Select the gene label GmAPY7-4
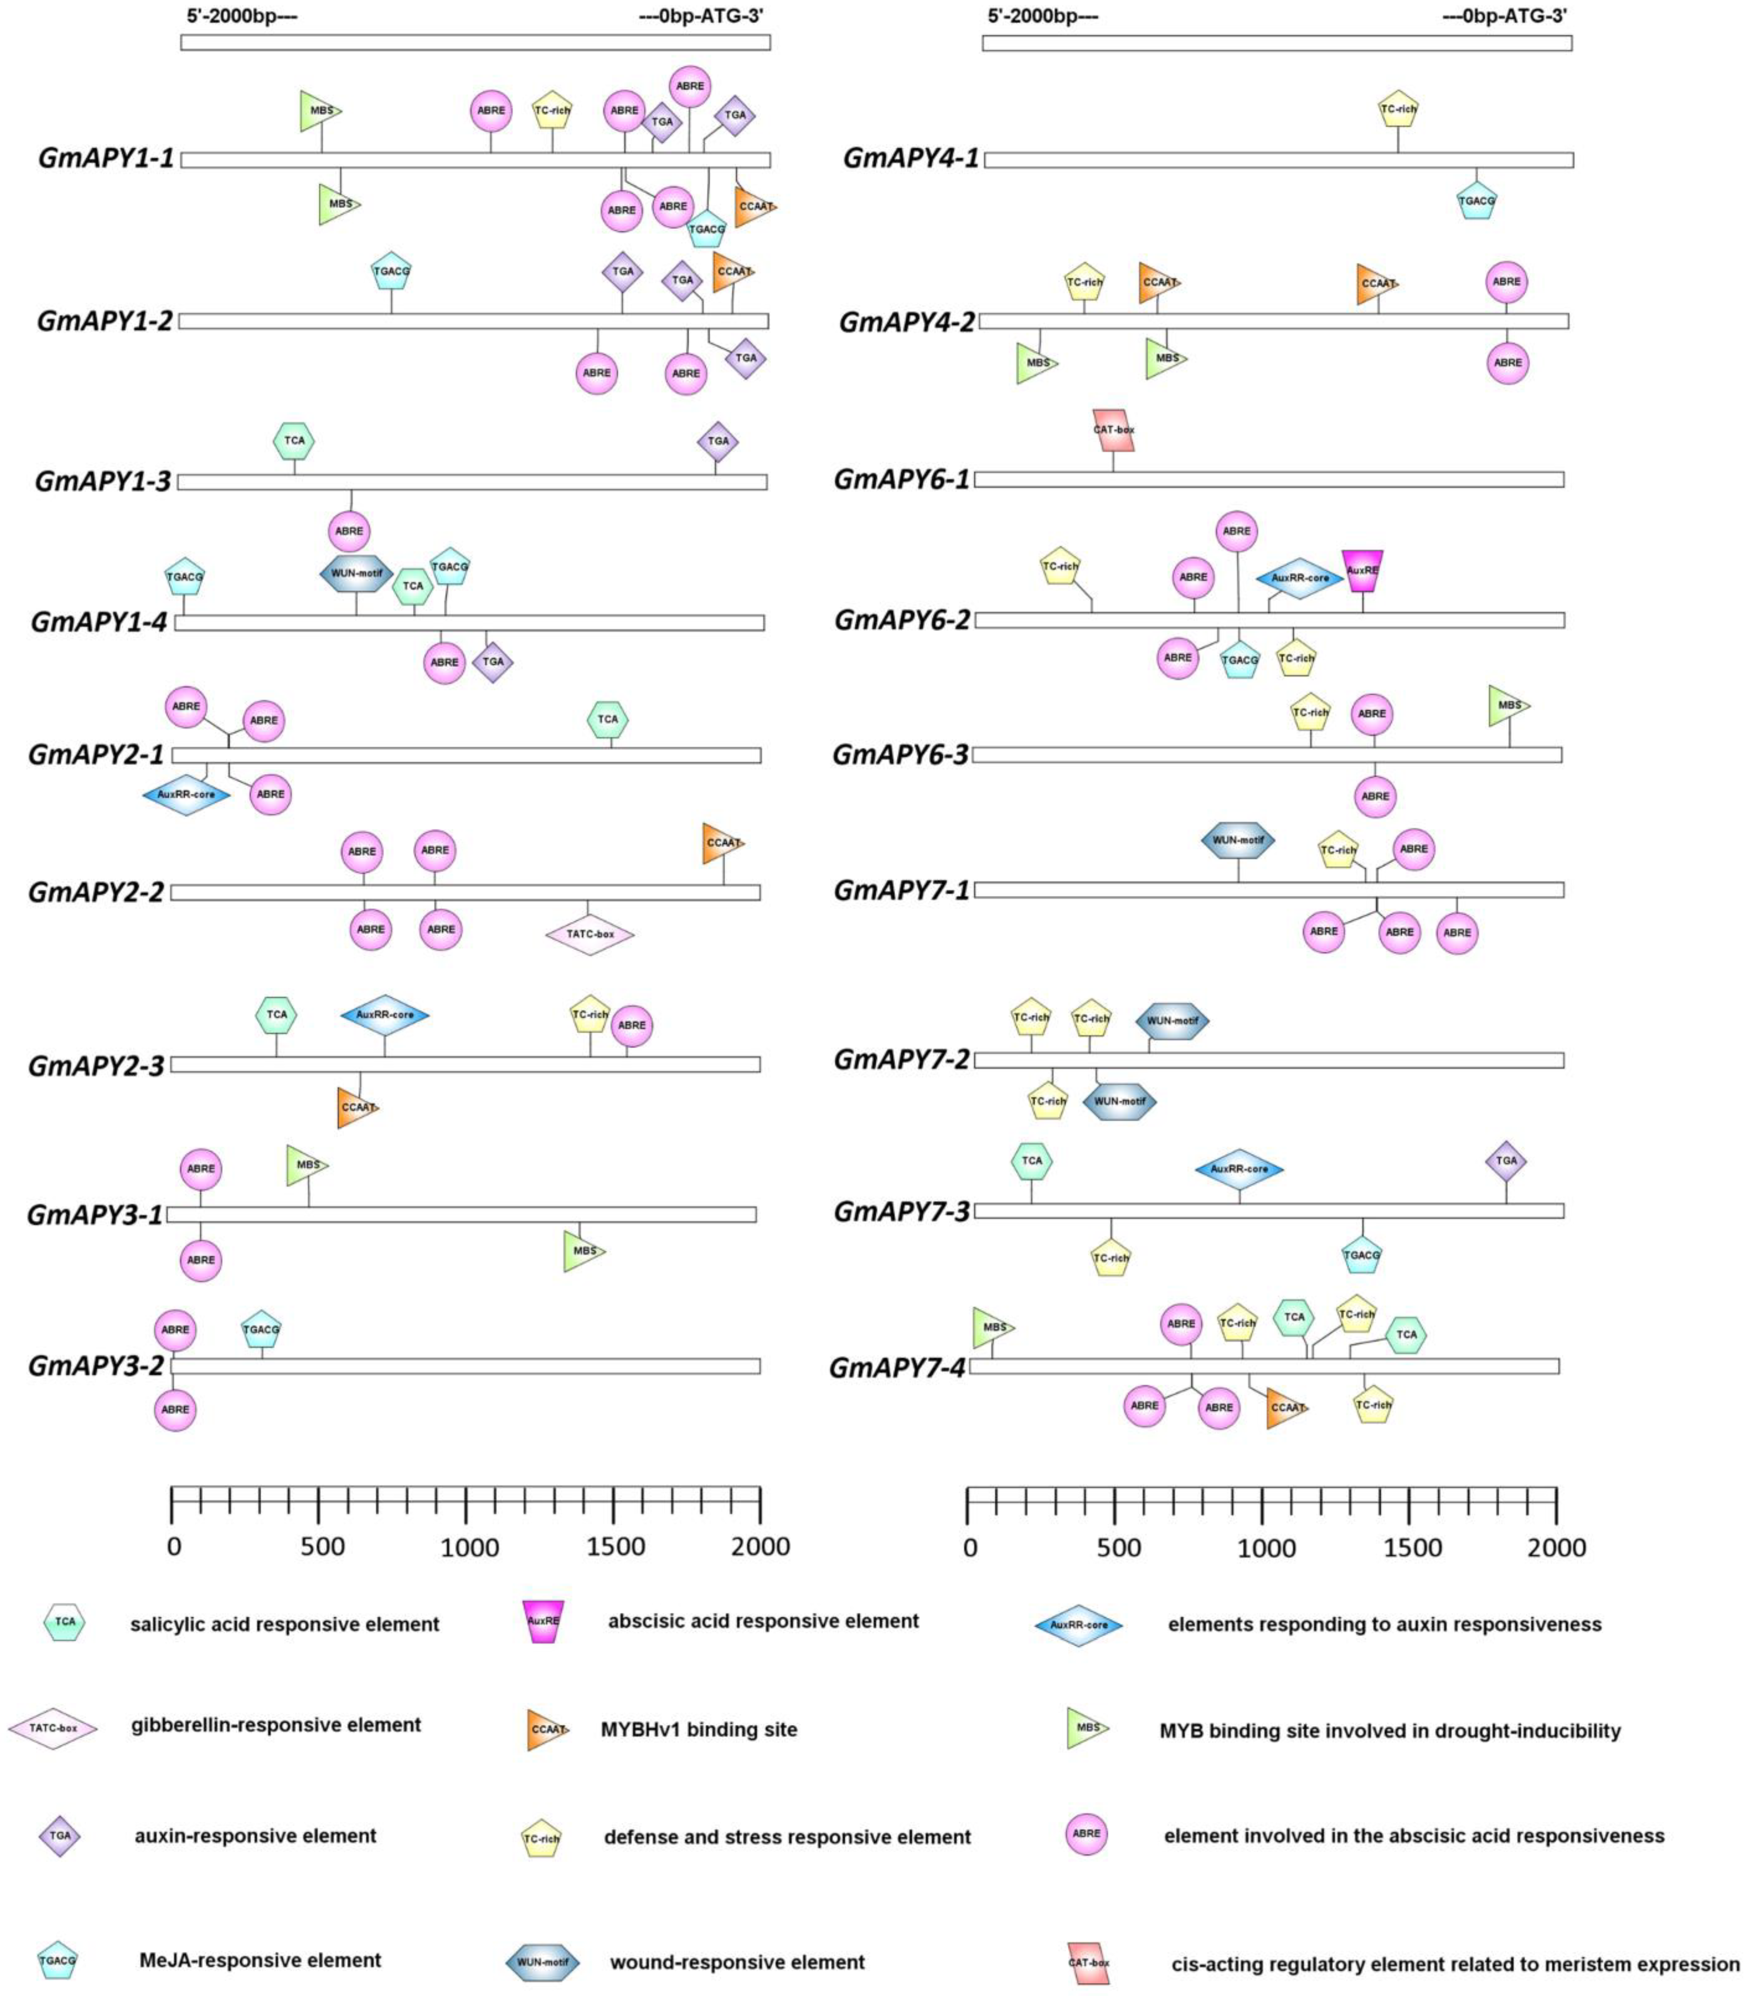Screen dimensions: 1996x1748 (x=898, y=1368)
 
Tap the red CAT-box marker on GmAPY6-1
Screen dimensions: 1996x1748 (x=1113, y=429)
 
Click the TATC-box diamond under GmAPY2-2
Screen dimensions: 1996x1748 (x=589, y=934)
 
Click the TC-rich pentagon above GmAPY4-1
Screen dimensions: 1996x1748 (x=1398, y=109)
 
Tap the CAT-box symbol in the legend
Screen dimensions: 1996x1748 (x=1088, y=1962)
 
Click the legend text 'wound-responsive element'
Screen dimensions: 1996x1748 (x=738, y=1962)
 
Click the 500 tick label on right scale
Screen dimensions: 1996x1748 (x=1118, y=1548)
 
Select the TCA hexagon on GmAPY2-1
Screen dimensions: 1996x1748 (x=608, y=719)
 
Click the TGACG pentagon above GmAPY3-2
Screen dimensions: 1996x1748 (x=262, y=1329)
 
